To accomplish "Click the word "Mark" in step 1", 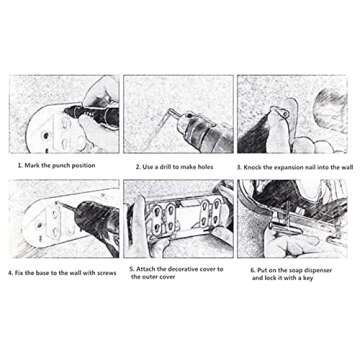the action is pos(32,165).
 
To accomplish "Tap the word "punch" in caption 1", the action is pos(62,166).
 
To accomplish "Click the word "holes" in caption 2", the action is pos(203,167).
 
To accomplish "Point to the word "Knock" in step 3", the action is pos(252,167).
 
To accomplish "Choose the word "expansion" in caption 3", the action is pos(289,167).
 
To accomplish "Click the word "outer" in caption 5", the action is pos(151,277).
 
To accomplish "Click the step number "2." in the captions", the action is pos(138,167).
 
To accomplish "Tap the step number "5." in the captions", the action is pos(132,269).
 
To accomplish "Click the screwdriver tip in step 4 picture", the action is pos(58,202).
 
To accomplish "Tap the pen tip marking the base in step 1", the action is pos(64,109).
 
